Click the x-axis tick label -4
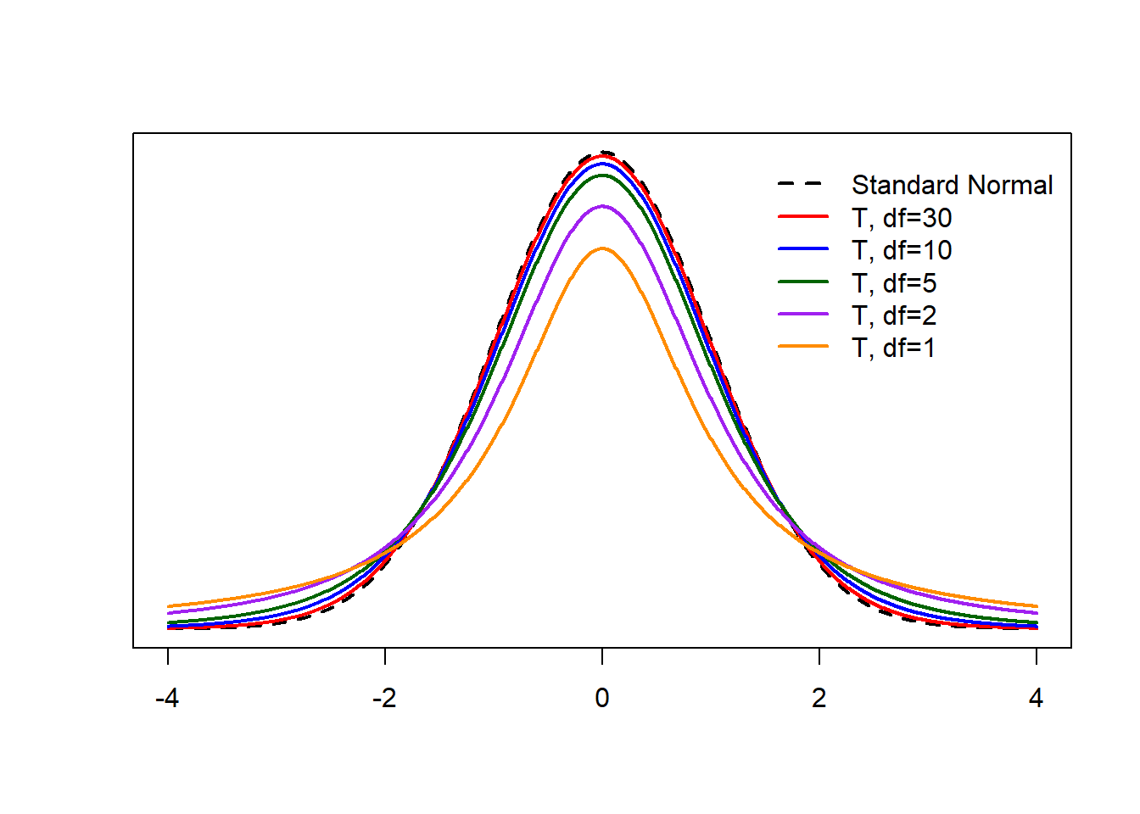167,699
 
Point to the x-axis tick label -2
384,699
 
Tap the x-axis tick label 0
602,699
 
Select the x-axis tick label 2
819,699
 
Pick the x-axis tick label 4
1036,699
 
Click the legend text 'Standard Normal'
952,185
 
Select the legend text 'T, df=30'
902,218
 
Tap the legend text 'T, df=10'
902,250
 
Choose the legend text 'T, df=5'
894,283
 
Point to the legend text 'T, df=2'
894,315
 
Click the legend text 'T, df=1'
893,348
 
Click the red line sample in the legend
802,217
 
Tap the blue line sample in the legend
802,249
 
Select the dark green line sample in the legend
802,282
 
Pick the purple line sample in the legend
802,315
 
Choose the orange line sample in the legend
802,347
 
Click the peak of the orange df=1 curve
602,248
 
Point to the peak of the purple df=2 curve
602,206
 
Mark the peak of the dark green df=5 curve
602,176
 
